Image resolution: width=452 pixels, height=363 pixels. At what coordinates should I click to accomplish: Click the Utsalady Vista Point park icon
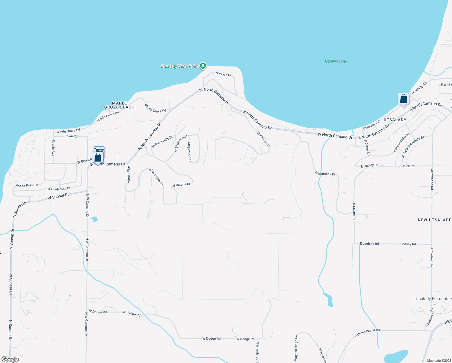[x=203, y=65]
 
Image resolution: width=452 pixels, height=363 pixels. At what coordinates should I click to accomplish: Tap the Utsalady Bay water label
[x=336, y=61]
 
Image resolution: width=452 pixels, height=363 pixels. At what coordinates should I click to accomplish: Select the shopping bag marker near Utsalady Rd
[x=403, y=99]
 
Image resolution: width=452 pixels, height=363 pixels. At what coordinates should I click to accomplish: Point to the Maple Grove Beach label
[x=119, y=105]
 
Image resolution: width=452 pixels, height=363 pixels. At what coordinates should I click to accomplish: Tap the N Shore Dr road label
[x=224, y=74]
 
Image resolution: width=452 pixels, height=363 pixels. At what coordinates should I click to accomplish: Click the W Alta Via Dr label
[x=263, y=139]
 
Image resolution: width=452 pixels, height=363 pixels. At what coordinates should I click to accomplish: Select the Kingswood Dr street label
[x=189, y=152]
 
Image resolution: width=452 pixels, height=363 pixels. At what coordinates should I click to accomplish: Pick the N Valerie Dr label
[x=182, y=185]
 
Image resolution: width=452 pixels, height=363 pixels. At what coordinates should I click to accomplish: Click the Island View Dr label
[x=156, y=177]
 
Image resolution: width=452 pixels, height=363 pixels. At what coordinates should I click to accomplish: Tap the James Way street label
[x=129, y=174]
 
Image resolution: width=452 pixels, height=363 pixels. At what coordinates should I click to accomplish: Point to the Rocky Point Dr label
[x=27, y=185]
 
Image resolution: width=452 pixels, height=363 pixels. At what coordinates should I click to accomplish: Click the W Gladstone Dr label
[x=59, y=189]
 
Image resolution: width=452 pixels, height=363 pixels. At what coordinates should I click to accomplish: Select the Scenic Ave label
[x=53, y=148]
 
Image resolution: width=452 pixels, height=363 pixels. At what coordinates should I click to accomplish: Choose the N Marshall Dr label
[x=325, y=174]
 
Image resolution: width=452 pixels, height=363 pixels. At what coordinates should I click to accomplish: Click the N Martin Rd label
[x=354, y=211]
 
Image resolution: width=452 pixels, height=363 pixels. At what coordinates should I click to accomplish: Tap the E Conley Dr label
[x=370, y=166]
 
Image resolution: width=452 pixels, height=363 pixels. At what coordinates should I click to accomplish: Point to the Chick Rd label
[x=408, y=166]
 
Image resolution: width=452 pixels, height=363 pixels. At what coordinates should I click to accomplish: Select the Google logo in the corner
[x=10, y=359]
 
